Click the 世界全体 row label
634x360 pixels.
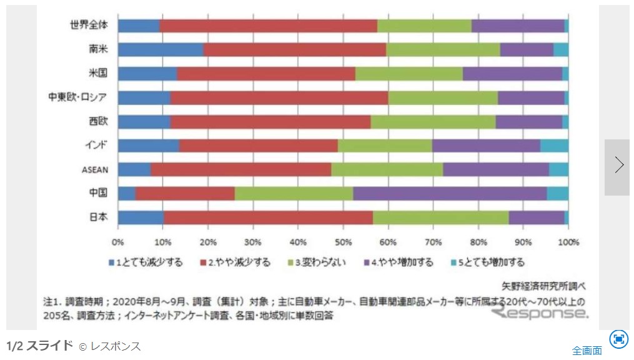click(89, 26)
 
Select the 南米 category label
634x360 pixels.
click(98, 49)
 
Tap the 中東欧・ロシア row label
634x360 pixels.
click(77, 97)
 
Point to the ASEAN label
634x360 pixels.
click(95, 169)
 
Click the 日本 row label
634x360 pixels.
click(98, 217)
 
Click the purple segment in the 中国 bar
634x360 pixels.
click(450, 193)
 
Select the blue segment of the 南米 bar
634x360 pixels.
click(161, 49)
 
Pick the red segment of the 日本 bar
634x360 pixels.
click(268, 217)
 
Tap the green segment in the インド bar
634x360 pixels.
click(385, 146)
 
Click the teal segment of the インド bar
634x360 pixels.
click(554, 146)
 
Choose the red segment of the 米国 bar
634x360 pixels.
click(266, 73)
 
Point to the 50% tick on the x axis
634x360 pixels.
click(343, 242)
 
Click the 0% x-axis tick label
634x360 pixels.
click(117, 242)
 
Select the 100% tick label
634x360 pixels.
click(568, 242)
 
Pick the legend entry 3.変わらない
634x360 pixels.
click(319, 262)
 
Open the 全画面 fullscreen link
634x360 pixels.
click(587, 350)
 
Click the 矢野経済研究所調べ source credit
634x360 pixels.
click(544, 287)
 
